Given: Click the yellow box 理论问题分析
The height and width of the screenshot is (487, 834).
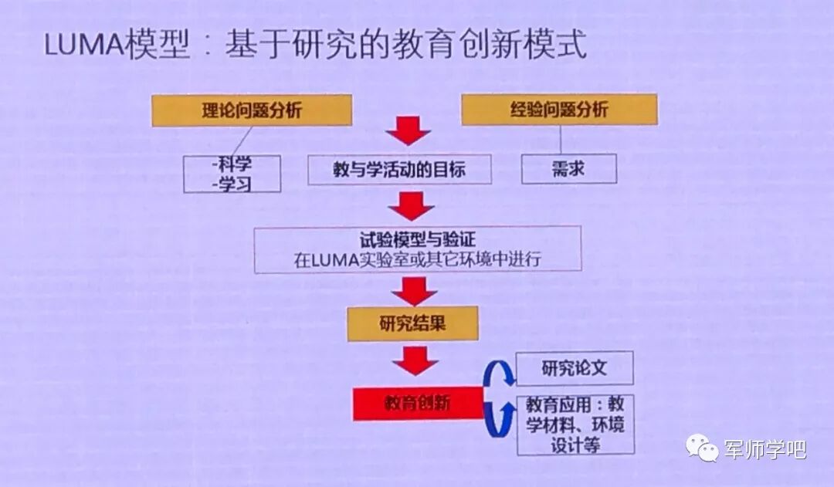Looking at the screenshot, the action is (x=252, y=110).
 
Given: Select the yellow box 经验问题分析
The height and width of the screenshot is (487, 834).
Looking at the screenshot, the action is (x=559, y=109).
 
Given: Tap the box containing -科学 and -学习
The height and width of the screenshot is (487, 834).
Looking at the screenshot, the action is (x=232, y=174).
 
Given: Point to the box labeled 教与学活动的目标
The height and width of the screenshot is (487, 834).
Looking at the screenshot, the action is (x=399, y=169).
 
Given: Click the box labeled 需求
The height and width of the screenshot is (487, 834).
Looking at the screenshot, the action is (x=568, y=169).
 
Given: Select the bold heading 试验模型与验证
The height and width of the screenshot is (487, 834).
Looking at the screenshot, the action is (x=417, y=239).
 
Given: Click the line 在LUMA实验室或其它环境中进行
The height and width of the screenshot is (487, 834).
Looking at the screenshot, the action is (x=417, y=259).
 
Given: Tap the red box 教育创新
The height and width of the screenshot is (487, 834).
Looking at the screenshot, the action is (x=418, y=403).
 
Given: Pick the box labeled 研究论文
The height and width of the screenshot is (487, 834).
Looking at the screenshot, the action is (x=574, y=368).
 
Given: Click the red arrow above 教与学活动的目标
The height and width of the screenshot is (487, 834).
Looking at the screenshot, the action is (x=408, y=131).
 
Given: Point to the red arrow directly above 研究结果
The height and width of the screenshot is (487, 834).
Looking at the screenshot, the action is (x=415, y=290).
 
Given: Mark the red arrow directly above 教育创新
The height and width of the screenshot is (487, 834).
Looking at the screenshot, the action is (x=415, y=360).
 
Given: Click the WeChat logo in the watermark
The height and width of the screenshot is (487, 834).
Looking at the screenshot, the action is (x=703, y=446).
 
